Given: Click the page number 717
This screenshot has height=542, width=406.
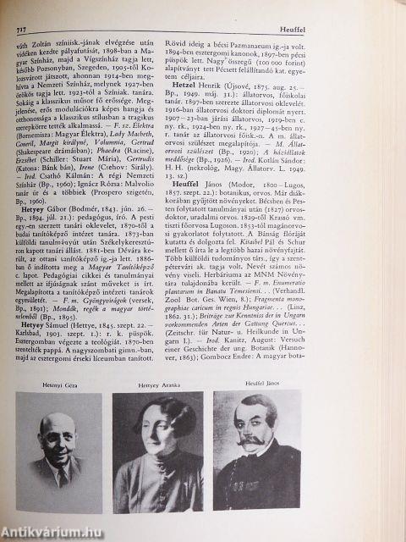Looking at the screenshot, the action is [14, 30].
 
